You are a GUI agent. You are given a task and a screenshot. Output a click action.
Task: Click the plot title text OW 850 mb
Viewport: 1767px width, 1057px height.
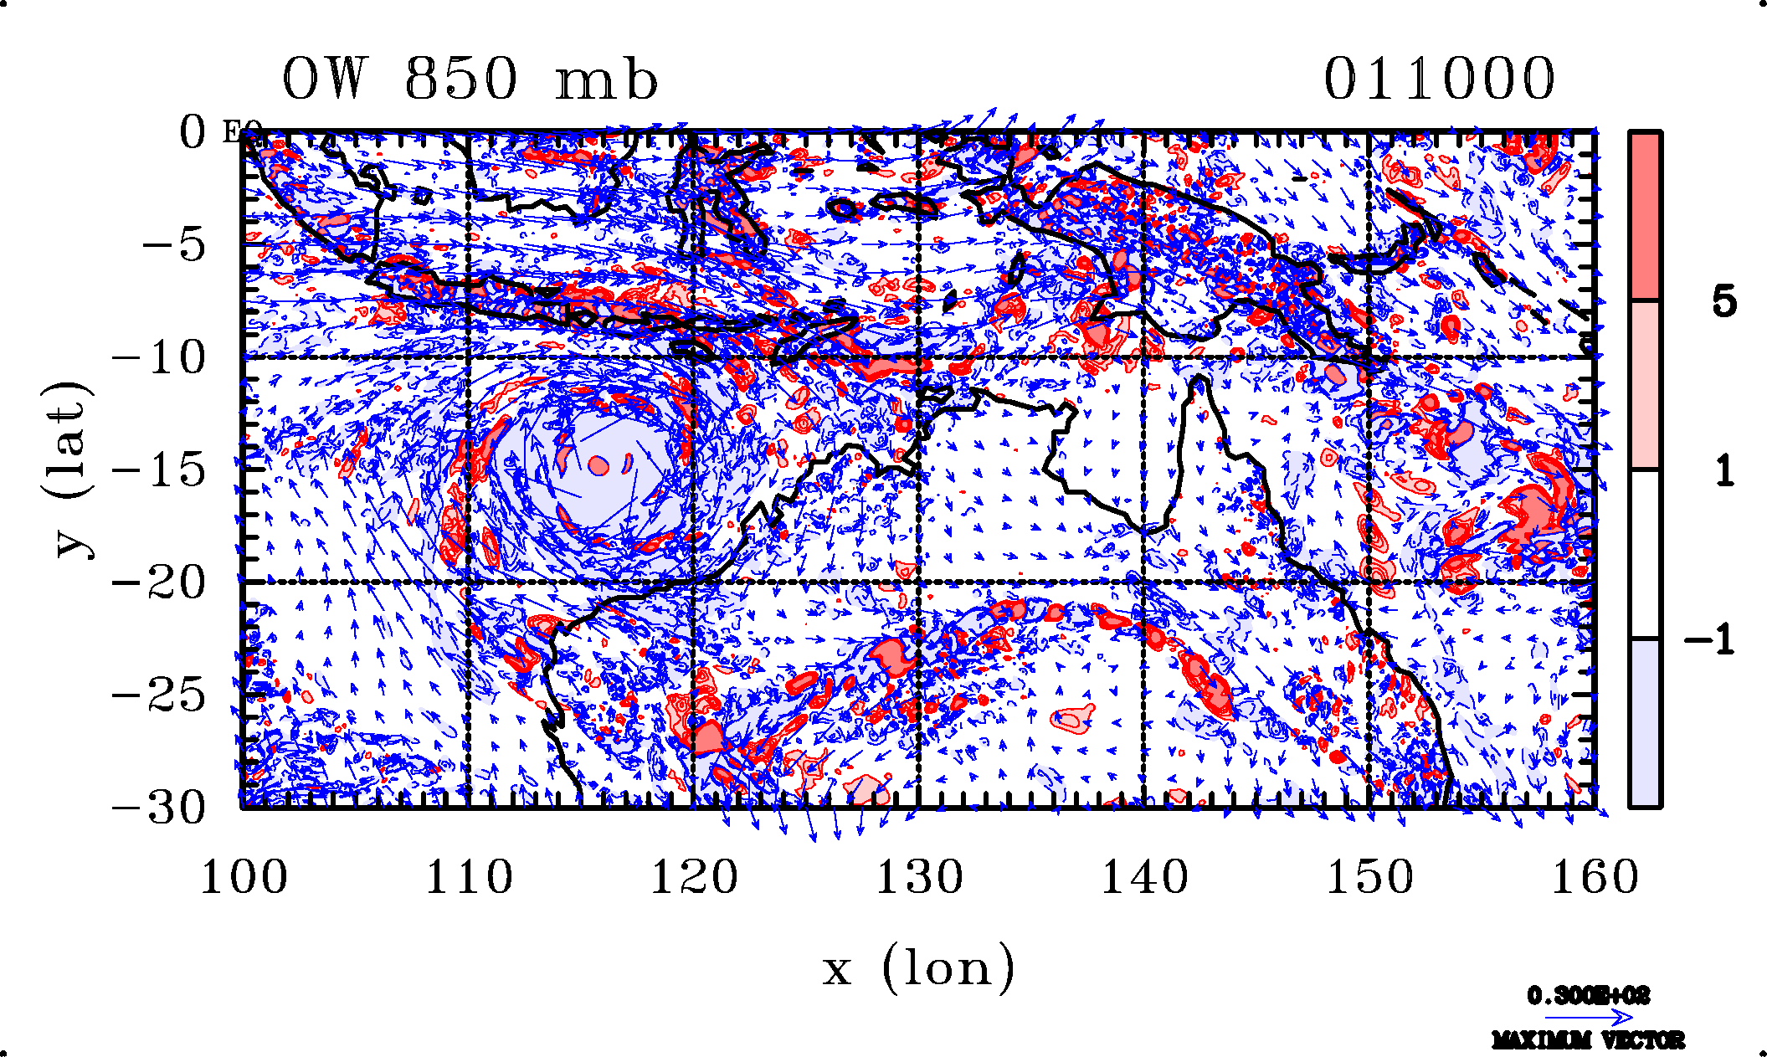pyautogui.click(x=470, y=80)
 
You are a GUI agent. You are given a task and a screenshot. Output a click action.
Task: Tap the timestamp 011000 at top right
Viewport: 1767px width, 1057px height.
pyautogui.click(x=1439, y=80)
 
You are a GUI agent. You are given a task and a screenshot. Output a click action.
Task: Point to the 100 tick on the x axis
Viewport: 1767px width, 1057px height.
pyautogui.click(x=244, y=878)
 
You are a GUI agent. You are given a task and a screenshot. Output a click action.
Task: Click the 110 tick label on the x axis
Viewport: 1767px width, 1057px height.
pyautogui.click(x=469, y=878)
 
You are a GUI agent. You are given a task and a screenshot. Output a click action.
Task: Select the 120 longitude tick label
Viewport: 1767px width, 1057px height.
pyautogui.click(x=694, y=878)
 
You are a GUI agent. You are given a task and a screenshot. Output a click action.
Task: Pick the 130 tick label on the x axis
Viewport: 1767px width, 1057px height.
pyautogui.click(x=919, y=878)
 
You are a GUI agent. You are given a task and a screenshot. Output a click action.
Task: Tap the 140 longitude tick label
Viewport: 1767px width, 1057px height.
pyautogui.click(x=1144, y=878)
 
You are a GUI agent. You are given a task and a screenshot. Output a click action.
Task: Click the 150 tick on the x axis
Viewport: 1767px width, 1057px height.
pyautogui.click(x=1369, y=878)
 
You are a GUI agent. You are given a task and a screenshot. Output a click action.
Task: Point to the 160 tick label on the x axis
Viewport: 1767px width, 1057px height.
pyautogui.click(x=1595, y=878)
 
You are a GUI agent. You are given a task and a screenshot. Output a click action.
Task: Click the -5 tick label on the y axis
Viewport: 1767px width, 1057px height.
pyautogui.click(x=173, y=246)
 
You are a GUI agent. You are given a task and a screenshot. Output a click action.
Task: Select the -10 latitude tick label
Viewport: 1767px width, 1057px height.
pyautogui.click(x=159, y=358)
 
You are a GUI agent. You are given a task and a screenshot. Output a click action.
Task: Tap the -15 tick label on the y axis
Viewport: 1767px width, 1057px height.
pyautogui.click(x=159, y=470)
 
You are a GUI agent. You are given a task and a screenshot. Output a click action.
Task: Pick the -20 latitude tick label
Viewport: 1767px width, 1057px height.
pyautogui.click(x=159, y=582)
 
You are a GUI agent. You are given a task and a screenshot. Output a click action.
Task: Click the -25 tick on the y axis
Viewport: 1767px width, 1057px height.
pyautogui.click(x=159, y=695)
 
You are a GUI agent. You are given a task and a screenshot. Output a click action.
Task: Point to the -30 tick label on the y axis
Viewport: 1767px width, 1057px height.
pyautogui.click(x=159, y=808)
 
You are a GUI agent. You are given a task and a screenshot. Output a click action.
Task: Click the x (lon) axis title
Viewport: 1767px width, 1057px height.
pyautogui.click(x=918, y=969)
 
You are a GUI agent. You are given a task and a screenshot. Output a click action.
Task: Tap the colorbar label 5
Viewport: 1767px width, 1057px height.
pyautogui.click(x=1723, y=301)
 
